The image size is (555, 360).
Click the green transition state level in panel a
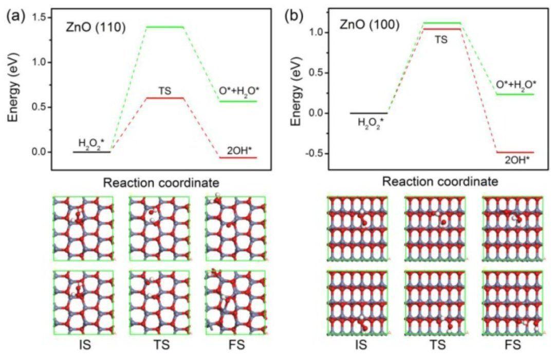[x=165, y=27]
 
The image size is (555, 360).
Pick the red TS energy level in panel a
[x=165, y=98]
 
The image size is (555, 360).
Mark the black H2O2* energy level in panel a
[x=91, y=152]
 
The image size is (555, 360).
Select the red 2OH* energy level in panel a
[x=238, y=157]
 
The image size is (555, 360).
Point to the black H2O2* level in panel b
[x=368, y=113]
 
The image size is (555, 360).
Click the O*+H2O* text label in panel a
[x=238, y=91]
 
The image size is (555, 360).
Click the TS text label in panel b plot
[x=440, y=38]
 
